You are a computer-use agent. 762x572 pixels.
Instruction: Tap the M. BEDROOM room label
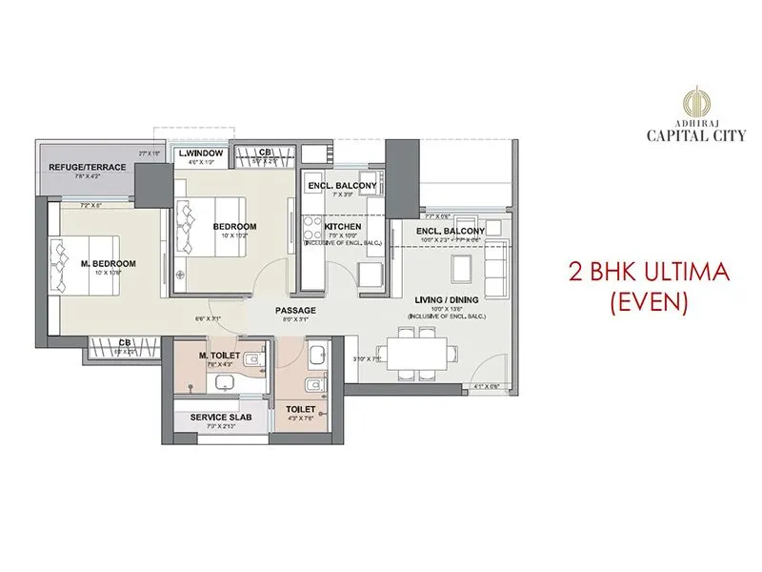coord(108,263)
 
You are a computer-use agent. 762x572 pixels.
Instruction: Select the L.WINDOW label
coord(199,153)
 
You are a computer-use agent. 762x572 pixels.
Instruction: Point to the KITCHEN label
coord(343,227)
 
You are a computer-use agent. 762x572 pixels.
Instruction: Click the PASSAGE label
coord(295,311)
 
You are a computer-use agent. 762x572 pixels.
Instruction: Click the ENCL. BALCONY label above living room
coord(451,231)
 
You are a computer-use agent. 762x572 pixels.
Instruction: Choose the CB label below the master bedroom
coord(125,341)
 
